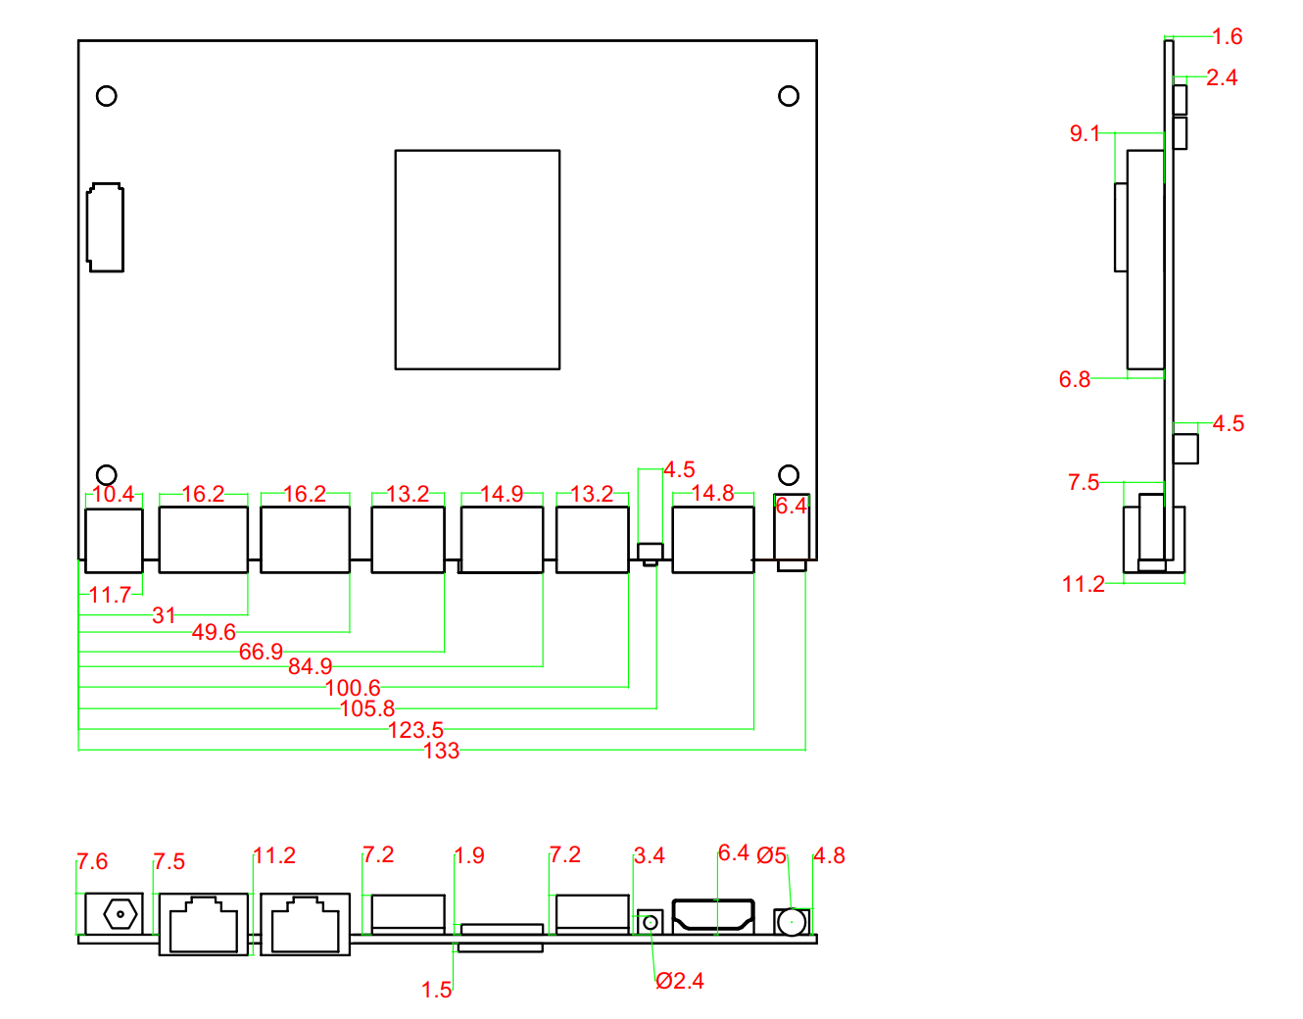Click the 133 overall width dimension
[441, 751]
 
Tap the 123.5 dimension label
[415, 730]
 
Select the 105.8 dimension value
[366, 708]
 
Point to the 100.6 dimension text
[353, 688]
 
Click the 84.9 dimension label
[310, 666]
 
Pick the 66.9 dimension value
[261, 652]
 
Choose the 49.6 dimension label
[214, 632]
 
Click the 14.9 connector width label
[502, 494]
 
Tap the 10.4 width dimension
[113, 494]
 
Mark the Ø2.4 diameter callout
[680, 981]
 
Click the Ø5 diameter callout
[771, 855]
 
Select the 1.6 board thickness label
[1227, 36]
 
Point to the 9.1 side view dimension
[1085, 133]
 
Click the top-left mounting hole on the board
[107, 96]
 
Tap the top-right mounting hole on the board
[789, 96]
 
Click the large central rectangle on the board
[477, 260]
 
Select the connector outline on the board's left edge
[105, 226]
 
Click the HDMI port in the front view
[713, 916]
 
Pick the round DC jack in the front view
[121, 915]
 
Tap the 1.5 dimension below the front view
[437, 990]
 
